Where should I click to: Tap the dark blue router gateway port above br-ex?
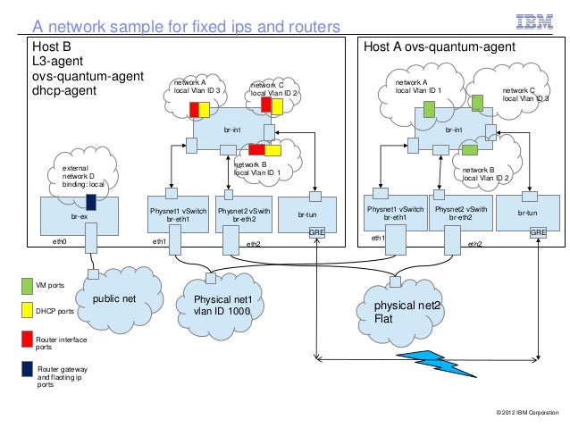(91, 189)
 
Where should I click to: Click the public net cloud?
(112, 298)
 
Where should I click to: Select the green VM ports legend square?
(27, 286)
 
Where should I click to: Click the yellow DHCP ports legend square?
(27, 311)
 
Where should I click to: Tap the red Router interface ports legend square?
(27, 339)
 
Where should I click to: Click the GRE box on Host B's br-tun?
(316, 232)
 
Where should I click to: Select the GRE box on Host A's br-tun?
(539, 232)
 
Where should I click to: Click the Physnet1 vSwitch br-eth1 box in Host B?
(179, 215)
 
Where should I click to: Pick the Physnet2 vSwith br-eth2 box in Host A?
(461, 215)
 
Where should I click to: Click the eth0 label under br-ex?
(61, 241)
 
